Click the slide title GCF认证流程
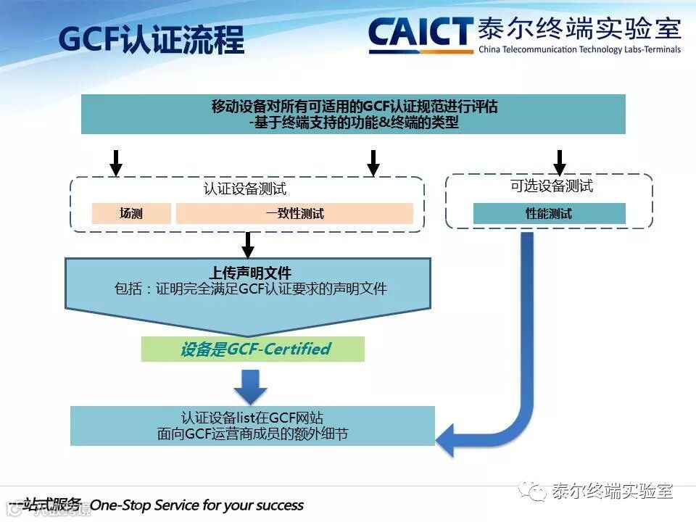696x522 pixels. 152,40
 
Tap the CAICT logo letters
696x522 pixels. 420,34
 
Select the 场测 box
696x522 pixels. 131,213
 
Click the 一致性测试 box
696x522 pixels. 294,213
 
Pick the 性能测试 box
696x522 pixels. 549,213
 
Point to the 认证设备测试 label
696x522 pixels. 245,189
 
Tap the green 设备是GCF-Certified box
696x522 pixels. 253,349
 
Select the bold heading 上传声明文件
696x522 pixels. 250,273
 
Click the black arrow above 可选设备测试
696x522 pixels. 559,162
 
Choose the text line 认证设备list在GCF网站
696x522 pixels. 252,418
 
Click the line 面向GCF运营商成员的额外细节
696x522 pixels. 252,434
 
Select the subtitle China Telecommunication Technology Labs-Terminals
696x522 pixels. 579,50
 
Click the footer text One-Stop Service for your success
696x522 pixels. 196,505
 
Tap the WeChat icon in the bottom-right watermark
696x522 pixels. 537,492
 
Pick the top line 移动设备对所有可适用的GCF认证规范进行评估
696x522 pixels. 355,107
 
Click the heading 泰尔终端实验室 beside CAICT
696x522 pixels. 579,29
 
